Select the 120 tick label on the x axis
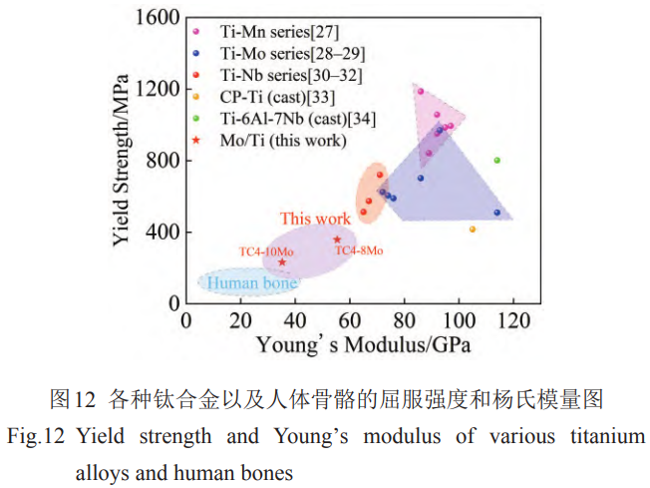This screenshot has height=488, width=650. [x=514, y=321]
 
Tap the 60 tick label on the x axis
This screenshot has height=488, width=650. [x=350, y=321]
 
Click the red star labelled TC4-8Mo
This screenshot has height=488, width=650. [x=337, y=240]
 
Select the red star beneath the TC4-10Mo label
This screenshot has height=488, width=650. [x=282, y=262]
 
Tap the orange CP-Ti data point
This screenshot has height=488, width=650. [x=473, y=230]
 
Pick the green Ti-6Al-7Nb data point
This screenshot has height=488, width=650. [x=496, y=161]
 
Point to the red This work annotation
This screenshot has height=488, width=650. [x=315, y=220]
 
